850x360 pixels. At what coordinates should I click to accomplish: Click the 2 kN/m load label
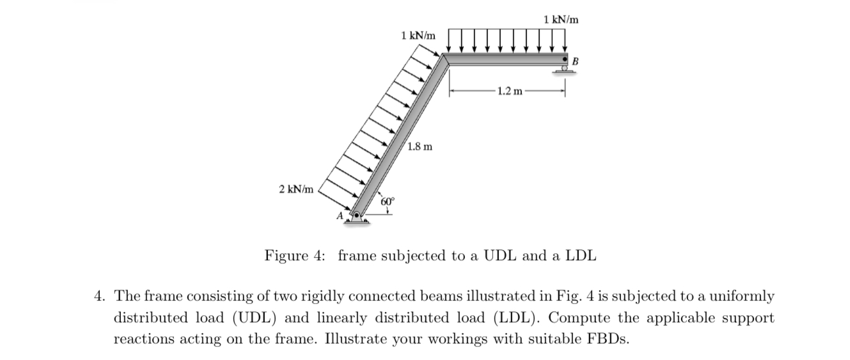point(296,189)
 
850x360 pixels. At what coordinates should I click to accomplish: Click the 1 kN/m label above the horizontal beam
point(561,20)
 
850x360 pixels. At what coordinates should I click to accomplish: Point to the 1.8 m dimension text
point(420,146)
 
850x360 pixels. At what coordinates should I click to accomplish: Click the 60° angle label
point(388,201)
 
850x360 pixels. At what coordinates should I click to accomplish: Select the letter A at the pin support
point(340,217)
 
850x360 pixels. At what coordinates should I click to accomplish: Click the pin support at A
point(357,217)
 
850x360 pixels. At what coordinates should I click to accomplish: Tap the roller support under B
point(563,70)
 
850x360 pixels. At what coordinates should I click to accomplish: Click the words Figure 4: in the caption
point(295,256)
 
